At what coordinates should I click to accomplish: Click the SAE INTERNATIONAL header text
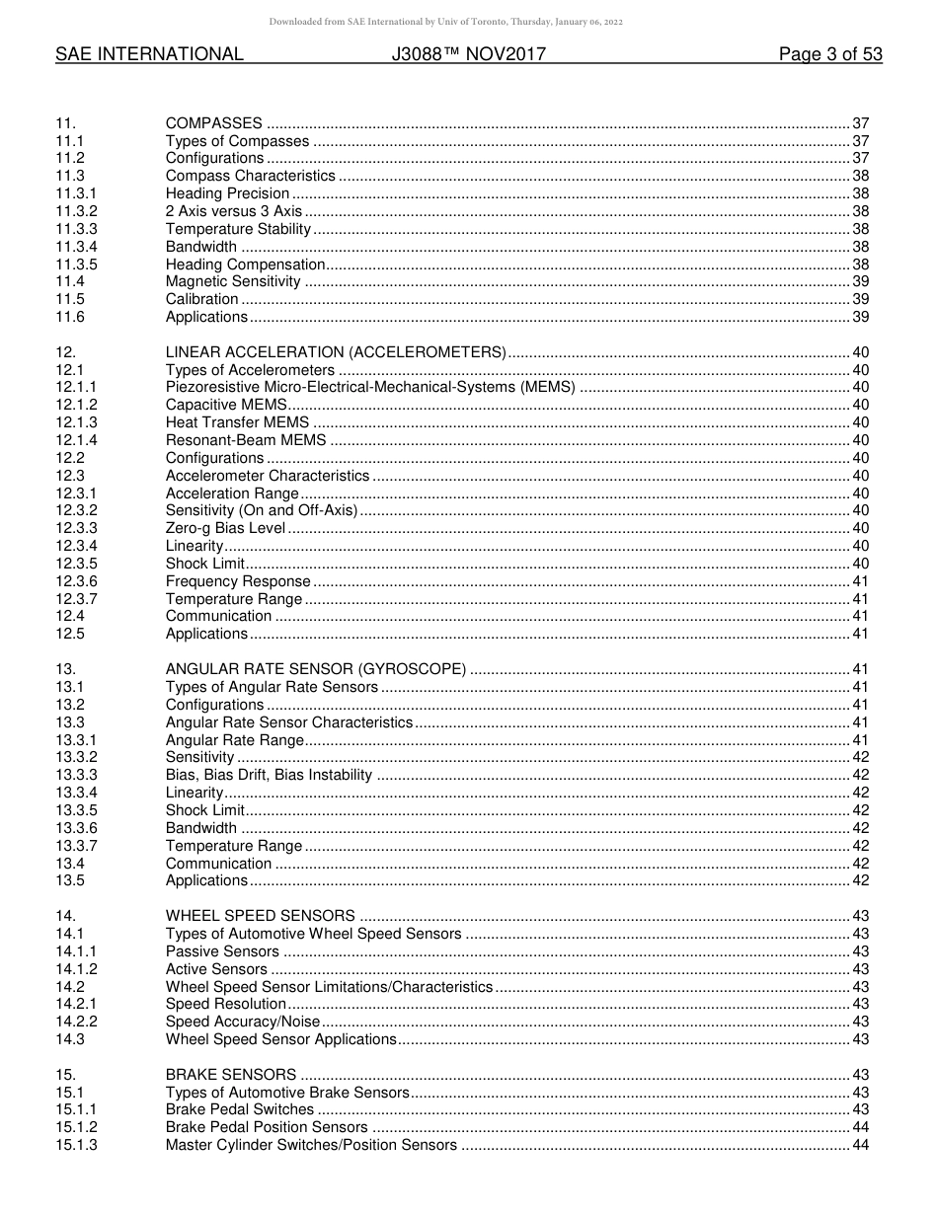tap(149, 55)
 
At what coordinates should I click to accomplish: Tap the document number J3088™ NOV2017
tap(468, 55)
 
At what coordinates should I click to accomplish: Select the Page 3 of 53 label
tap(829, 55)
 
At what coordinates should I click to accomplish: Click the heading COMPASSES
tap(213, 123)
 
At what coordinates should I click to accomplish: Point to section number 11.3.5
tap(77, 265)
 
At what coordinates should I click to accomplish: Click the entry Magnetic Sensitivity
tap(233, 282)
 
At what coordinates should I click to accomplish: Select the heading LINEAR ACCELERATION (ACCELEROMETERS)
tap(336, 352)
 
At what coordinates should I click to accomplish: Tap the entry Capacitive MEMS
tap(226, 406)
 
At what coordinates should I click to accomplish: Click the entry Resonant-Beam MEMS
tap(246, 440)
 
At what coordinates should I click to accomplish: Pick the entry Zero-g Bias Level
tap(225, 528)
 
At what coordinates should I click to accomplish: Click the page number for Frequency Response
tap(860, 581)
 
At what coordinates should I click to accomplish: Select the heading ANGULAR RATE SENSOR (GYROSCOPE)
tap(316, 669)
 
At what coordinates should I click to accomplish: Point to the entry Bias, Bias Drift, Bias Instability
tap(269, 775)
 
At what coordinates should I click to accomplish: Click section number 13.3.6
tap(77, 828)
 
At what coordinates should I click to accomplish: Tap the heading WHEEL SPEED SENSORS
tap(261, 916)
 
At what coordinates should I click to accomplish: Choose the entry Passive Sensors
tap(222, 951)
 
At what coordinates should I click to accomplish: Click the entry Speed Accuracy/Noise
tap(243, 1022)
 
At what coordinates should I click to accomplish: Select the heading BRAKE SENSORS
tap(231, 1075)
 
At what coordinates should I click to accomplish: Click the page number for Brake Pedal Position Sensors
tap(860, 1127)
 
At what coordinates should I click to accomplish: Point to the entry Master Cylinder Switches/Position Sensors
tap(311, 1145)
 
